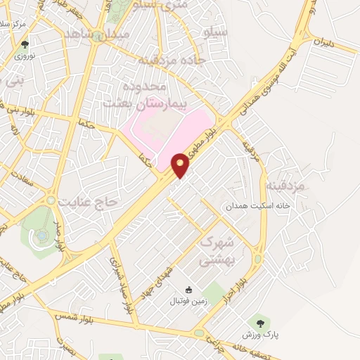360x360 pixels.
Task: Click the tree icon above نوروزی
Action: (26, 44)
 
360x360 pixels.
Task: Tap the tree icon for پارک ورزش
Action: (261, 322)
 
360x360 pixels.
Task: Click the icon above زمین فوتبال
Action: (188, 290)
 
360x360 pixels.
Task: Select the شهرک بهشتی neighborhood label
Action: (219, 250)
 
